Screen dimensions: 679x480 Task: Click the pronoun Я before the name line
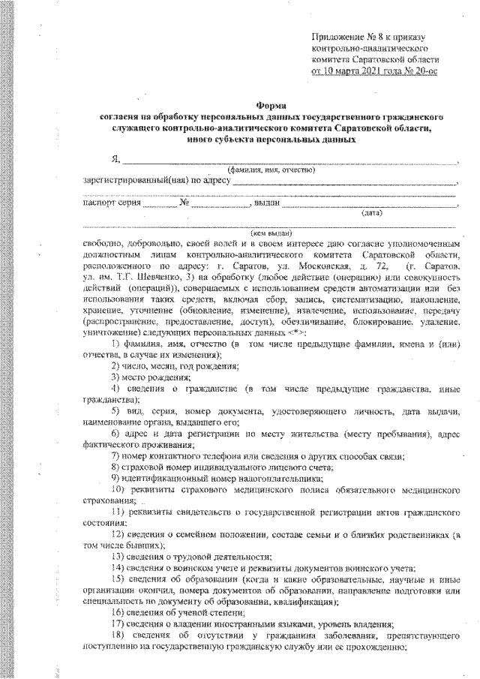[115, 159]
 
